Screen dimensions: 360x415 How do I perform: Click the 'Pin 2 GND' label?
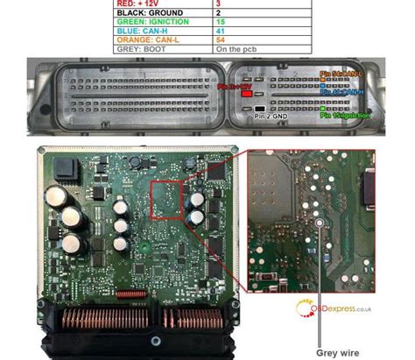[271, 115]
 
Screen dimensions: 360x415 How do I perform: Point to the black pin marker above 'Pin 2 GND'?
[260, 107]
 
